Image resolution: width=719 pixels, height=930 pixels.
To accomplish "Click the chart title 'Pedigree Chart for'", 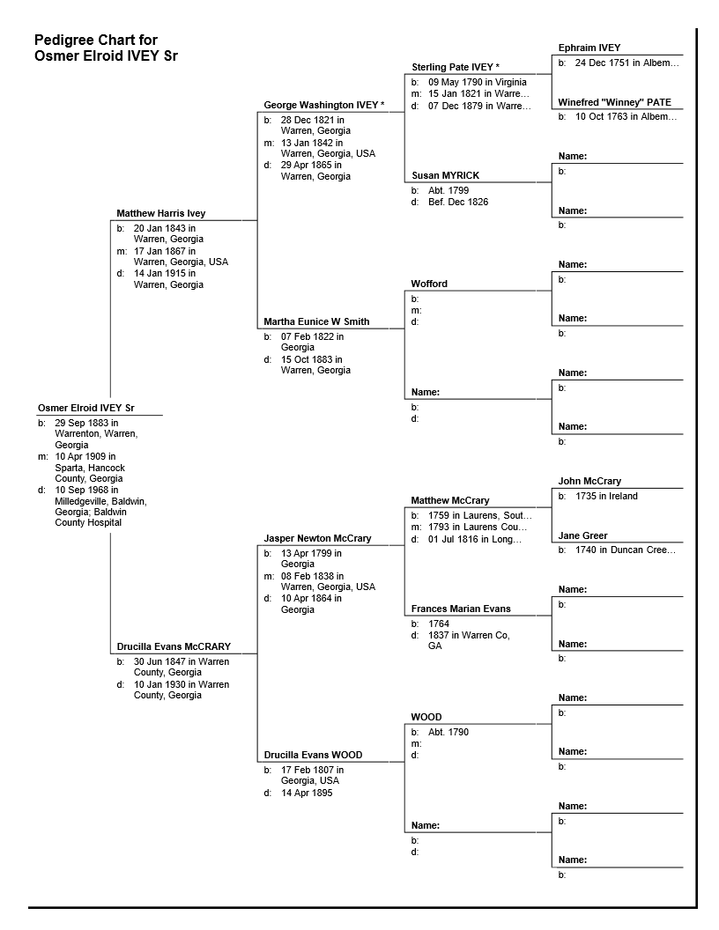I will point(96,41).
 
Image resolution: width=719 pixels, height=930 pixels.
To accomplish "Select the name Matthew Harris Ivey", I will point(160,213).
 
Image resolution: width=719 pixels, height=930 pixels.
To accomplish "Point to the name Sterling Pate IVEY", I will point(452,67).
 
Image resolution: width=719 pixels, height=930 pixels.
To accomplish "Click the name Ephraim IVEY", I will point(589,48).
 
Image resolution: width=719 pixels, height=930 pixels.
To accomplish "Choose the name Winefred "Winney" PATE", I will point(614,102).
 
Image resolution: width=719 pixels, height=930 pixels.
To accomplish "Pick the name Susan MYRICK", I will point(445,175).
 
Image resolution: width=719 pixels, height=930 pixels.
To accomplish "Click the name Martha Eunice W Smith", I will point(316,321).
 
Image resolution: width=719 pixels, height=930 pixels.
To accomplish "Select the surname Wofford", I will point(429,284).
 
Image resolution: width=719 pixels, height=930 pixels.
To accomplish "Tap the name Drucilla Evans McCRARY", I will point(173,646).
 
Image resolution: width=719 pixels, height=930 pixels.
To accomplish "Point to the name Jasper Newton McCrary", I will point(317,538).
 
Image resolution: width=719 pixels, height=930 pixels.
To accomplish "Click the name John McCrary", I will point(589,481).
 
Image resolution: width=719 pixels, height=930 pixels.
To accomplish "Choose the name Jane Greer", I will point(582,535).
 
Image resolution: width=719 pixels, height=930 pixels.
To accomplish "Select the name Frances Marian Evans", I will point(461,609).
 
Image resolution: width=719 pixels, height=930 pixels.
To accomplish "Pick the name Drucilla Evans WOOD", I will point(313,755).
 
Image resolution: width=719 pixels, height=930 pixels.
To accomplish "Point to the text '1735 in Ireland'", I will point(606,496).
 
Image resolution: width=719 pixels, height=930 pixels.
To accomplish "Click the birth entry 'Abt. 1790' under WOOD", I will point(448,732).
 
